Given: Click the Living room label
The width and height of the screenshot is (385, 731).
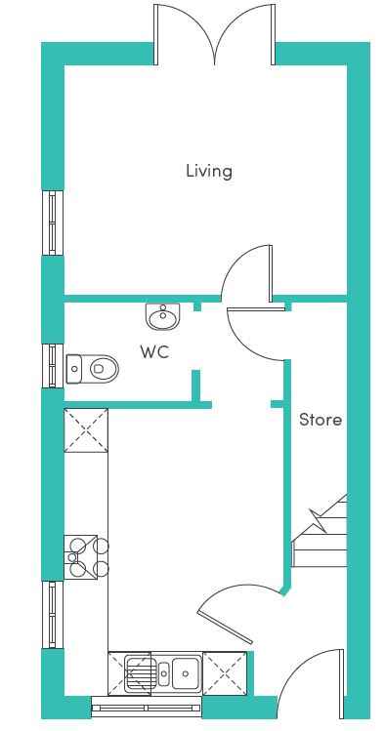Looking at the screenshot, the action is click(x=208, y=171).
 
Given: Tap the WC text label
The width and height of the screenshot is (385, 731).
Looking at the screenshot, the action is click(x=154, y=352).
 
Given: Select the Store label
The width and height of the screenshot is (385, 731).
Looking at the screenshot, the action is click(x=321, y=420).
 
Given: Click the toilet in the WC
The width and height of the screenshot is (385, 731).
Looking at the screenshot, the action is click(x=93, y=369).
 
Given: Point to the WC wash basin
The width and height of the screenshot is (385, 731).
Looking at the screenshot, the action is click(x=162, y=316).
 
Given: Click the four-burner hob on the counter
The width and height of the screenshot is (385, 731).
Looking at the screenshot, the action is click(x=86, y=557).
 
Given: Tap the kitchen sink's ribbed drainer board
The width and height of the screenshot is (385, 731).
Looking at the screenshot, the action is click(x=140, y=673).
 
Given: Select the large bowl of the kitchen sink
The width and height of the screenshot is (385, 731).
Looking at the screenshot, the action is click(x=187, y=672).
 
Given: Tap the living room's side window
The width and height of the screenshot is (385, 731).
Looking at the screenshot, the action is click(x=53, y=223).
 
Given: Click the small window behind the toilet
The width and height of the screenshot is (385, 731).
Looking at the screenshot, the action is click(x=53, y=366).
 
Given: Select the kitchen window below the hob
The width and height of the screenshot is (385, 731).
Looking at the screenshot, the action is click(x=53, y=615).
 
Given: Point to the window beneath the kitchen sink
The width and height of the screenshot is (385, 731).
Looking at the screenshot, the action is click(x=147, y=707).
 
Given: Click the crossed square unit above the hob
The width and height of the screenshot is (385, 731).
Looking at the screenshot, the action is click(x=86, y=430).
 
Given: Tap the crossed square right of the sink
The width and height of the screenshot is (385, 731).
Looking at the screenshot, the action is click(x=225, y=673).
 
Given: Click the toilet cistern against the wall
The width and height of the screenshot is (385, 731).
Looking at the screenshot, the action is click(x=73, y=369).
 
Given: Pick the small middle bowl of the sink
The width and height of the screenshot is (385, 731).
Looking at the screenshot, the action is click(x=164, y=674).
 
